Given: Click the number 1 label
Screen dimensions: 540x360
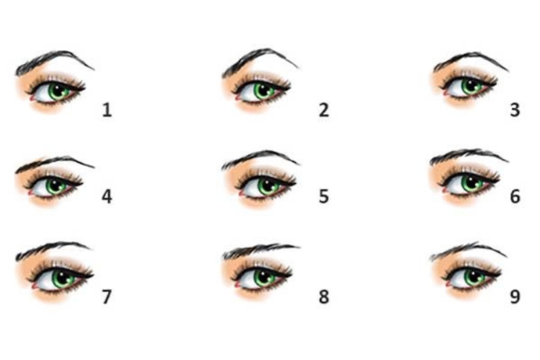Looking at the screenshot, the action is pyautogui.click(x=107, y=110).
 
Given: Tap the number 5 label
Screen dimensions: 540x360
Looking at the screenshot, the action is pyautogui.click(x=323, y=196).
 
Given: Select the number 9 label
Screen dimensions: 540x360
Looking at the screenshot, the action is pyautogui.click(x=515, y=296).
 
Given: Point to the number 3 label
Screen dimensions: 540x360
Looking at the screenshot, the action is pyautogui.click(x=515, y=110).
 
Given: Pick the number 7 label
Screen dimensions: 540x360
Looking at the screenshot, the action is pyautogui.click(x=107, y=296).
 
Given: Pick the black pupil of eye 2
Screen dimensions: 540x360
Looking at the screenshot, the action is pyautogui.click(x=263, y=89).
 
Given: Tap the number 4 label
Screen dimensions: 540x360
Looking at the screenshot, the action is pyautogui.click(x=107, y=196).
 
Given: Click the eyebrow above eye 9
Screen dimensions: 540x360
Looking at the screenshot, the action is pyautogui.click(x=469, y=249).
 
